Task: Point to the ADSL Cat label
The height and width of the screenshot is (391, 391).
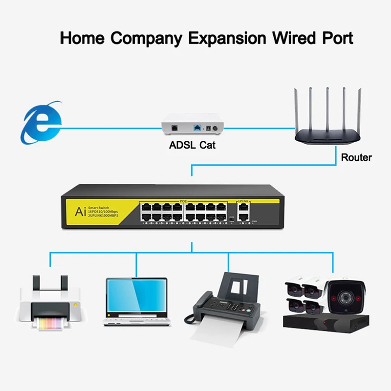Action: (192, 145)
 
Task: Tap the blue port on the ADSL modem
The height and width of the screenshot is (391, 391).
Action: (196, 128)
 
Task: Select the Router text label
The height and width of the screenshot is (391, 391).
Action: (356, 157)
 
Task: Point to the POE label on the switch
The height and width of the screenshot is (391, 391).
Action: (183, 201)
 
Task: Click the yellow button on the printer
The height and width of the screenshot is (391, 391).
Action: (75, 304)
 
